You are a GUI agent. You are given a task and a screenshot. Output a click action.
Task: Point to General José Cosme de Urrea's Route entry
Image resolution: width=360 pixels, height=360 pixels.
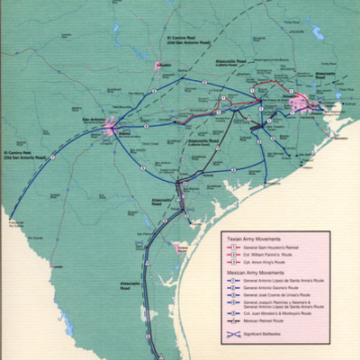pyautogui.click(x=278, y=295)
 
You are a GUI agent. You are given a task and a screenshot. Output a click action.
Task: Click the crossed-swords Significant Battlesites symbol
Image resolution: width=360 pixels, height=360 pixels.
pyautogui.click(x=233, y=337)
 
